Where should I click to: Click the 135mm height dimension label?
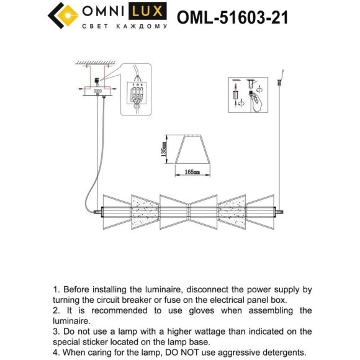[163, 150]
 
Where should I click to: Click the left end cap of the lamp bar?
[97, 212]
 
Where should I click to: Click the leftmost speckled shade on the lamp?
[144, 212]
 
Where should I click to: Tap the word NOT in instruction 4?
[225, 353]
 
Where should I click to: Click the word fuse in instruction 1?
[168, 300]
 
